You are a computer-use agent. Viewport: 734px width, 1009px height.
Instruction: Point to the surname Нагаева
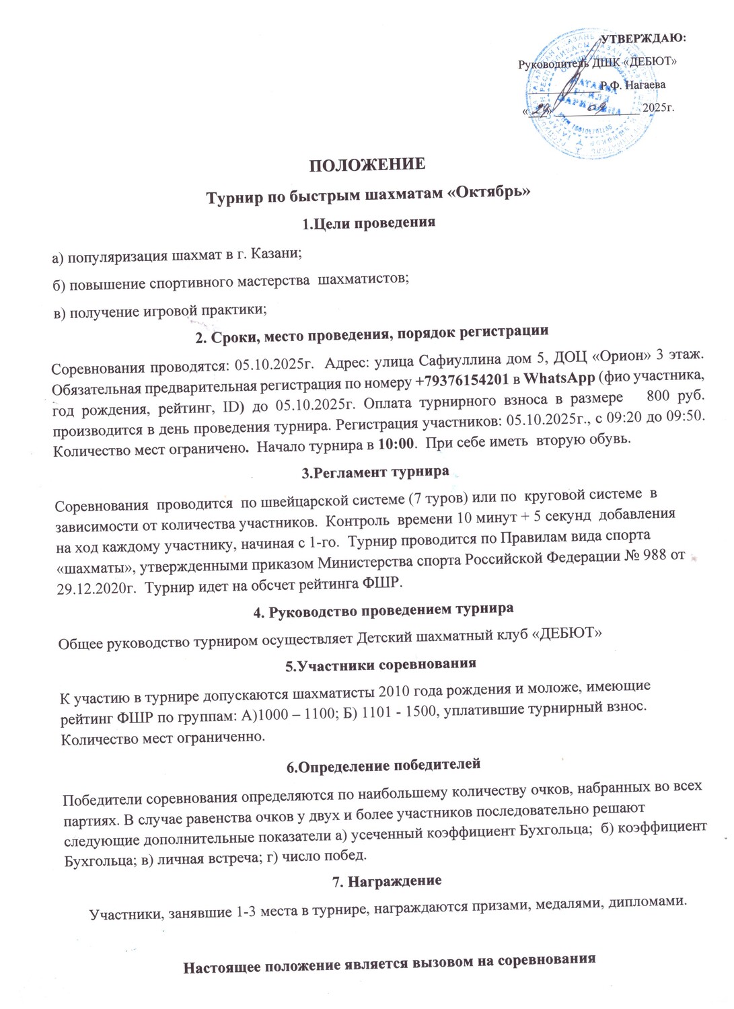(x=645, y=85)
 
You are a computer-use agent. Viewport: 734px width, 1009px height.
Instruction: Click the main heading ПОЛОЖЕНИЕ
(x=367, y=165)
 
